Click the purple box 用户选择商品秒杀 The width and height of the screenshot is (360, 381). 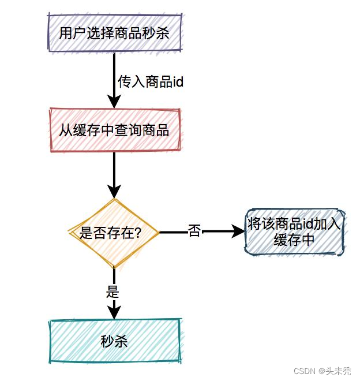click(x=114, y=33)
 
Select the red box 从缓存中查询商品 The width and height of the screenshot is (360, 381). click(x=114, y=130)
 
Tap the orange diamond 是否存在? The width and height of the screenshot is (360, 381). click(x=114, y=233)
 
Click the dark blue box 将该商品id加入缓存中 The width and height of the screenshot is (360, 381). click(x=295, y=232)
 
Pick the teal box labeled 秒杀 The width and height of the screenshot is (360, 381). click(x=114, y=342)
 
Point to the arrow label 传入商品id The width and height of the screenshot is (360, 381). click(x=151, y=82)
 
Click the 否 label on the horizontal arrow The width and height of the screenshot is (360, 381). click(x=195, y=232)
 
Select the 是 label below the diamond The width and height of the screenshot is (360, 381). click(x=113, y=292)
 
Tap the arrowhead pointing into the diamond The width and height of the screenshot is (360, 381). click(x=114, y=192)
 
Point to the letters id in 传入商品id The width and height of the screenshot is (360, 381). click(x=178, y=82)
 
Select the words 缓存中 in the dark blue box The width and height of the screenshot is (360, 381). click(x=295, y=240)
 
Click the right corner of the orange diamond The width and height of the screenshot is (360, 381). click(x=158, y=233)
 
